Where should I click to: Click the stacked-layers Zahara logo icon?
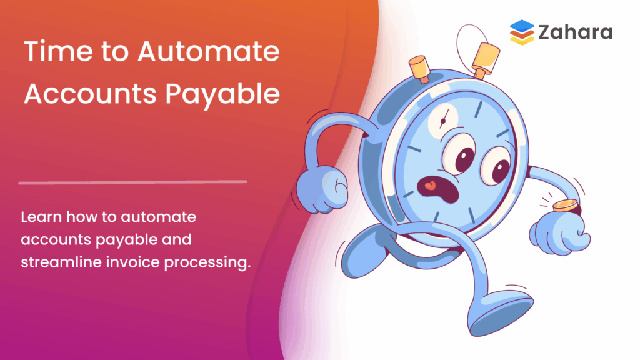tap(522, 32)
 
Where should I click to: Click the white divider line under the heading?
tap(132, 182)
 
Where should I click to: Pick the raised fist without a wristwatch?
tap(319, 187)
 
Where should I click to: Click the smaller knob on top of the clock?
tap(418, 64)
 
